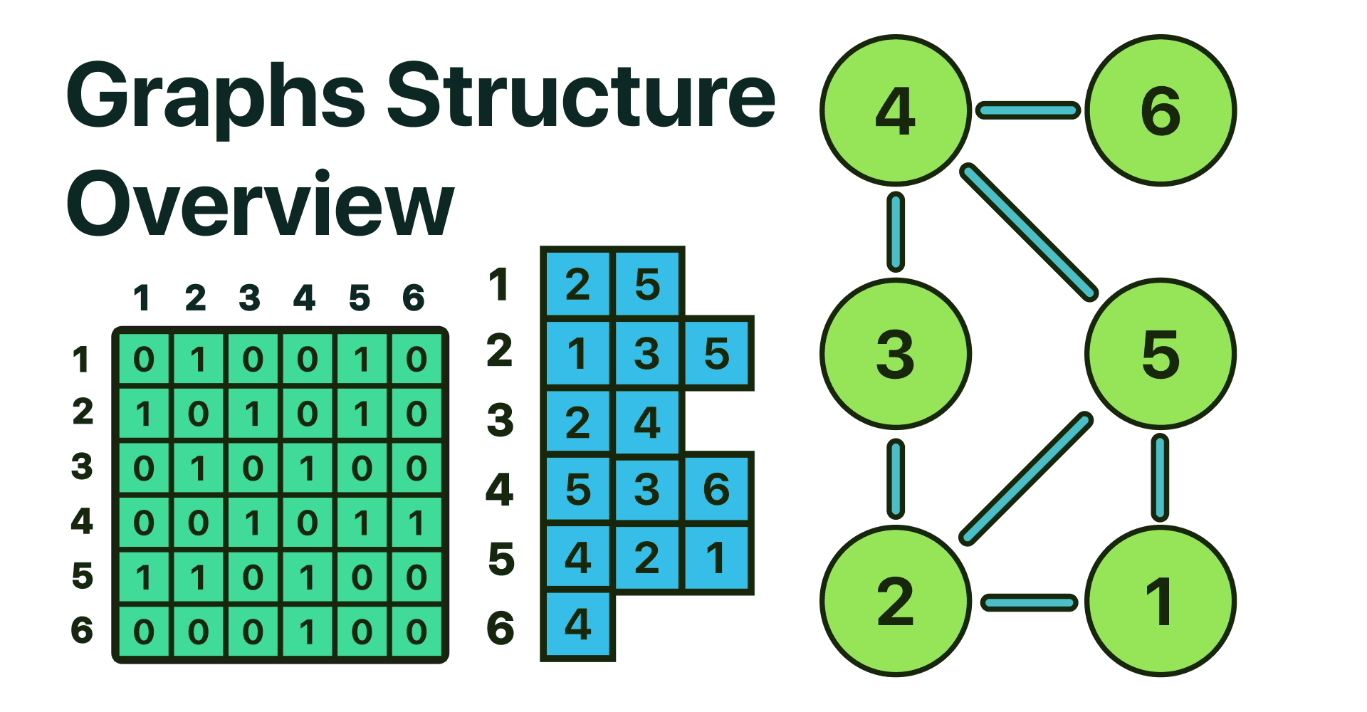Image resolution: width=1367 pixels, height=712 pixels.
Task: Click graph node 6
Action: click(x=1161, y=110)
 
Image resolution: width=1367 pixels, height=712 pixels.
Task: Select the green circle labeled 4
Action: click(x=896, y=110)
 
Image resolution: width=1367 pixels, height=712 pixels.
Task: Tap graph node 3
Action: click(x=896, y=354)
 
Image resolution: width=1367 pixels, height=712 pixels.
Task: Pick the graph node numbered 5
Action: click(x=1161, y=354)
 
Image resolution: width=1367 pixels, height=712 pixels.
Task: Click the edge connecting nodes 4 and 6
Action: click(x=1028, y=110)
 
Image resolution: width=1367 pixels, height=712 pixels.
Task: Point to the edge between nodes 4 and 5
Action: click(x=1029, y=232)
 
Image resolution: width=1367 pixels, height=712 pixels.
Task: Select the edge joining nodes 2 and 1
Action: click(x=1029, y=603)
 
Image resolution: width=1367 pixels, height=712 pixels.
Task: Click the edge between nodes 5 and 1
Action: click(x=1160, y=478)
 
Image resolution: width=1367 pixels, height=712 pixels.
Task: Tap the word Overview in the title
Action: click(x=260, y=205)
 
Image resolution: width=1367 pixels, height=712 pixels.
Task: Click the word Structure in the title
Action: click(x=580, y=96)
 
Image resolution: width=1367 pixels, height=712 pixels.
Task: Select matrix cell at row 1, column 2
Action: click(x=198, y=360)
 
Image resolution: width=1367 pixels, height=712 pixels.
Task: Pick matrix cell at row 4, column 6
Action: click(x=417, y=523)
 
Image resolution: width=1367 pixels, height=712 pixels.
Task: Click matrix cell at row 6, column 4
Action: click(x=308, y=632)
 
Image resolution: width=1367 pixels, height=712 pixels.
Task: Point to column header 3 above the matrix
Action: click(x=250, y=298)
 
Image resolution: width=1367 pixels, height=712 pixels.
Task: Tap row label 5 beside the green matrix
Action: click(x=83, y=576)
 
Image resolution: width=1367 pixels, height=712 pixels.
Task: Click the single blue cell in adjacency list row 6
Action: click(x=577, y=625)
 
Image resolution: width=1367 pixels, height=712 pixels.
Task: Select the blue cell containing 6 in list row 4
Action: click(x=716, y=490)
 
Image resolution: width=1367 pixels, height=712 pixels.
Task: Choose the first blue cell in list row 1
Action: click(x=577, y=285)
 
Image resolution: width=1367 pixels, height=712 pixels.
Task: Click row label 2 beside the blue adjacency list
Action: click(x=500, y=351)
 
